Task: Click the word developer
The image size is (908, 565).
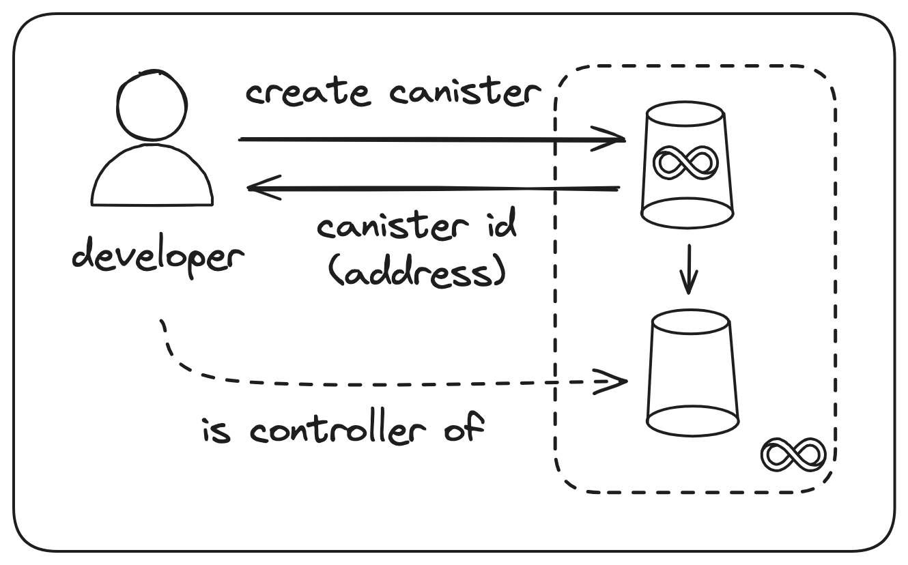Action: tap(158, 258)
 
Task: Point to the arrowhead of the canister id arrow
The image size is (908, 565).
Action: tap(259, 186)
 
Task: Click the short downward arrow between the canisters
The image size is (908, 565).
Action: tap(688, 269)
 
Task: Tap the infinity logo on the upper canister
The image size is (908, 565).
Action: tap(686, 162)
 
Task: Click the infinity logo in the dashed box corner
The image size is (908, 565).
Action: tap(794, 454)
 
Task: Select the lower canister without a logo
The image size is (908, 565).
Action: tap(692, 373)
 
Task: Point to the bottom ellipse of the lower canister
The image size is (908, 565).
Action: tap(692, 420)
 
